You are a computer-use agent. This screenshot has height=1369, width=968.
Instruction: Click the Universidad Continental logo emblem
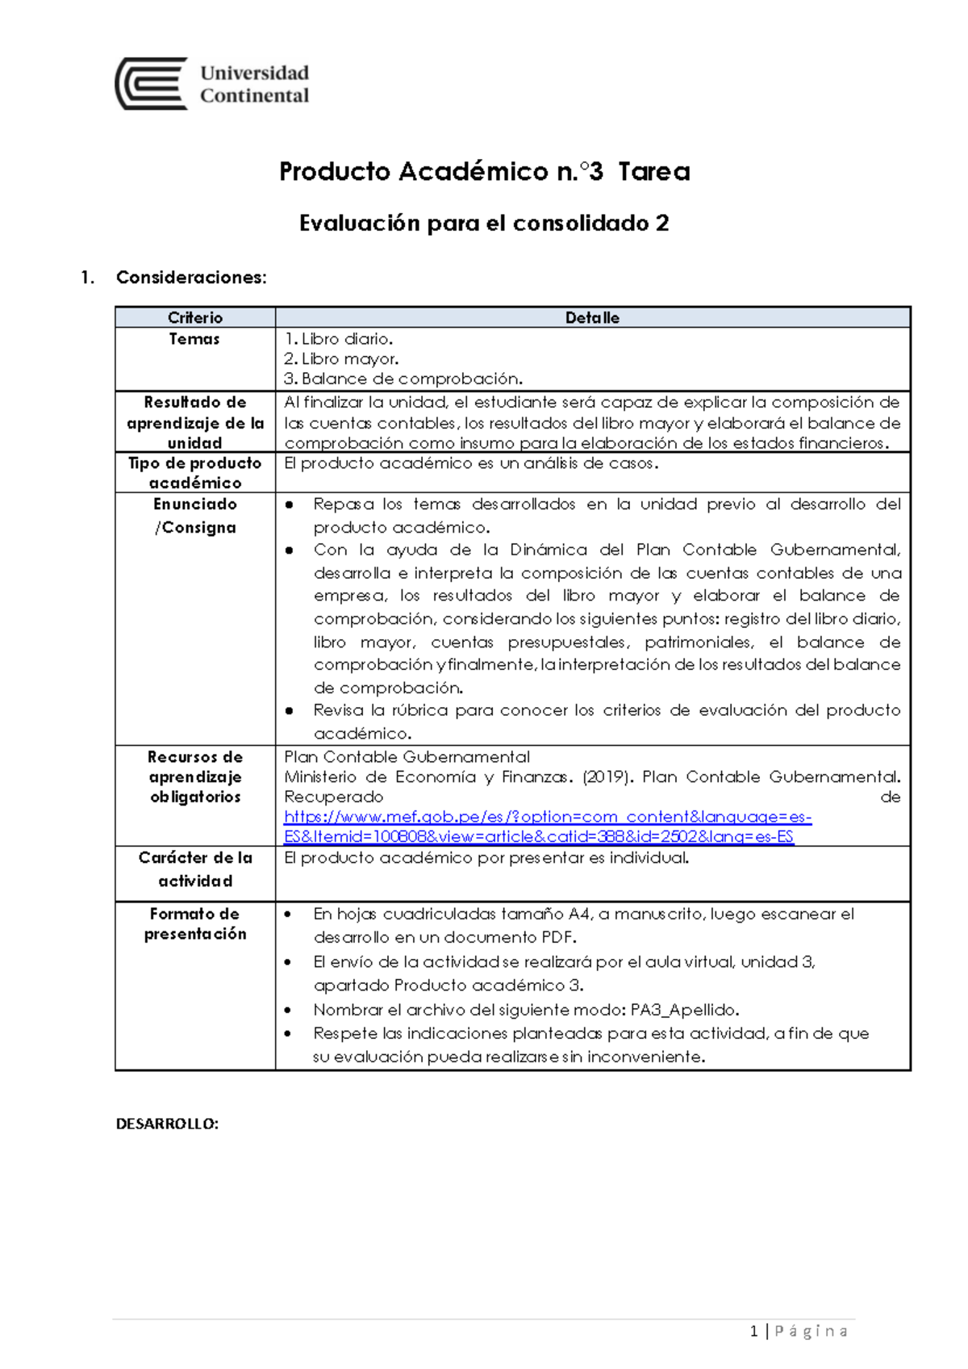(152, 83)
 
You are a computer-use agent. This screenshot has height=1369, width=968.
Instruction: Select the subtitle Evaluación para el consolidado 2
(484, 224)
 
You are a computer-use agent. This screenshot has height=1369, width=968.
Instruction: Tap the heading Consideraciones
(190, 278)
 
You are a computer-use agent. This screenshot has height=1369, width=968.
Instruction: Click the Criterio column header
(195, 318)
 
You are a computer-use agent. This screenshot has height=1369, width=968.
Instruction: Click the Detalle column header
(592, 318)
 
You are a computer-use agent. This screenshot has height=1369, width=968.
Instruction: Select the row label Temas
(194, 339)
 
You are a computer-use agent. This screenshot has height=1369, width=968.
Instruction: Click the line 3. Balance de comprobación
(403, 379)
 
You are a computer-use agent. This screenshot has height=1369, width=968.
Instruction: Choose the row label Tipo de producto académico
(195, 473)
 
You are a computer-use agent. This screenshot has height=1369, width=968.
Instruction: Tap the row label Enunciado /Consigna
(195, 515)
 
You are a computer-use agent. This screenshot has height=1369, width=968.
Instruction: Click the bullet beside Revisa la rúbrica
(290, 711)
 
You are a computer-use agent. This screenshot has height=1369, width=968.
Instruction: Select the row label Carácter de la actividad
(195, 869)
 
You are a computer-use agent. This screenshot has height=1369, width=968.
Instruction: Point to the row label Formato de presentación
(195, 923)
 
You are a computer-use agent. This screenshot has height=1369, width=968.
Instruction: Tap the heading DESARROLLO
(167, 1124)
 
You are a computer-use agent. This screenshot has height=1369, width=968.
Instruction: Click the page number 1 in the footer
(753, 1331)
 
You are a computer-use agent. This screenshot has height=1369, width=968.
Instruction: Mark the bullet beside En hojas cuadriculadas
(289, 915)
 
